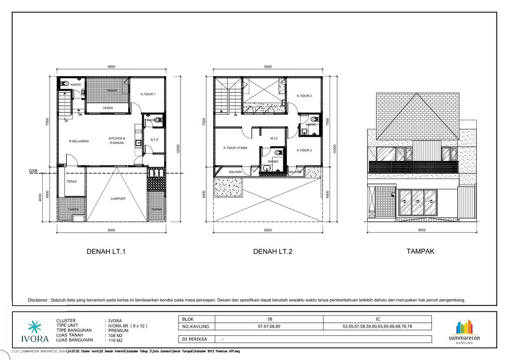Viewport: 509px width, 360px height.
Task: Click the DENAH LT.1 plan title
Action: click(x=106, y=252)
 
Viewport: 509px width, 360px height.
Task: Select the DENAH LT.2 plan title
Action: click(x=272, y=252)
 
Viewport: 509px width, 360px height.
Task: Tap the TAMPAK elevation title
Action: click(x=420, y=252)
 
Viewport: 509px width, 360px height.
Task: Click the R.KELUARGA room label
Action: click(x=79, y=141)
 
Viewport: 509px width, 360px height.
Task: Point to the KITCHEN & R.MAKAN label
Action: click(x=117, y=140)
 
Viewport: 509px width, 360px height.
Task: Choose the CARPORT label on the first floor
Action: click(x=118, y=199)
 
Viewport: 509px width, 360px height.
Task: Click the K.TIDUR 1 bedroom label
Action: click(x=148, y=94)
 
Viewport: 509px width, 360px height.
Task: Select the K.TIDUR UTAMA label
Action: click(x=235, y=148)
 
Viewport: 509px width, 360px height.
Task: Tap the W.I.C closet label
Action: click(x=274, y=138)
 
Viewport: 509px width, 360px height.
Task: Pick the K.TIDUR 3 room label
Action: click(x=304, y=150)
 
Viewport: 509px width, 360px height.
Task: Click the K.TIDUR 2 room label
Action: click(x=304, y=96)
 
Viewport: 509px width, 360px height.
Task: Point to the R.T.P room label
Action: click(x=154, y=140)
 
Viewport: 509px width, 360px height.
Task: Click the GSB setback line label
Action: click(x=33, y=171)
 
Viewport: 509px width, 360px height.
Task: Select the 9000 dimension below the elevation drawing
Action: click(x=422, y=230)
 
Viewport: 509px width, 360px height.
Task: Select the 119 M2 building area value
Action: click(x=115, y=340)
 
